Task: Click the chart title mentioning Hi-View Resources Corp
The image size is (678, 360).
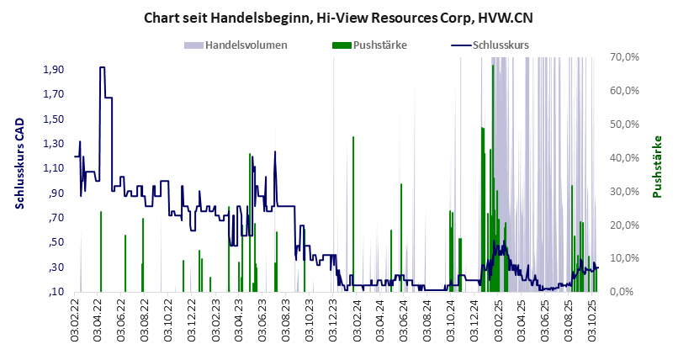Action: pos(338,17)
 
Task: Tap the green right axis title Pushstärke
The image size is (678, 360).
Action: pos(658,166)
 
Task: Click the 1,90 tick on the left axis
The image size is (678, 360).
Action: pos(54,69)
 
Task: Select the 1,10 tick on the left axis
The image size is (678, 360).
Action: pos(54,168)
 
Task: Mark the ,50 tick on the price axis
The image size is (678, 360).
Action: pos(56,242)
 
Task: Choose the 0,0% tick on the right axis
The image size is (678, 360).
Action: pos(626,292)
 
